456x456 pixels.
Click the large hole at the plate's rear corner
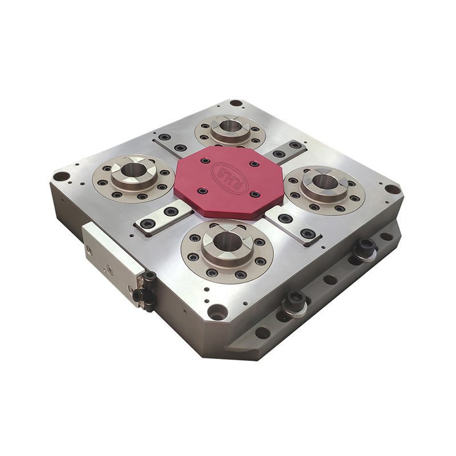236,103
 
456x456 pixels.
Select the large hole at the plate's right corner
392,189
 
